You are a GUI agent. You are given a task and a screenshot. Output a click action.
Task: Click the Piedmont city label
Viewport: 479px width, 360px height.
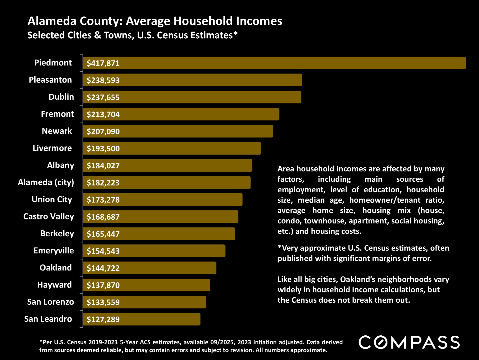53,63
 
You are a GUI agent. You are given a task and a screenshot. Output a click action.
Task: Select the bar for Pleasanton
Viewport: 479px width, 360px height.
192,80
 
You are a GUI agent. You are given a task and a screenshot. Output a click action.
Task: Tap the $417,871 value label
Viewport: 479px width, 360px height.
103,63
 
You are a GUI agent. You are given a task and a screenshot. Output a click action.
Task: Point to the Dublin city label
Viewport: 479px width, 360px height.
61,97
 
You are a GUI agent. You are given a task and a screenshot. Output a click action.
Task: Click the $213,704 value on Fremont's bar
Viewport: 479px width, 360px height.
103,114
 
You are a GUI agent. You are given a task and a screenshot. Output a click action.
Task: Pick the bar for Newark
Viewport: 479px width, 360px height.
178,131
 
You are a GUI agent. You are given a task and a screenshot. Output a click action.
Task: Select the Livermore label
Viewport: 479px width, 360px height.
52,148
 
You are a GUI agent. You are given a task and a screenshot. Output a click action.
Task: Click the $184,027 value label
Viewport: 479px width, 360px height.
103,166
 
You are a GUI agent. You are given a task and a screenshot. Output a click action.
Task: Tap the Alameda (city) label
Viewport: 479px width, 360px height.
46,182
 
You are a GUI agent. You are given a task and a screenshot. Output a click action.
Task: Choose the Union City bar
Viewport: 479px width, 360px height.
163,200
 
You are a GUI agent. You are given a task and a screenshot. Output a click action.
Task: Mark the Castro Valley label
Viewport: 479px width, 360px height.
49,216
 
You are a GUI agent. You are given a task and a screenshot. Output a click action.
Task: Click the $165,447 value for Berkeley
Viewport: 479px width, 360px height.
103,234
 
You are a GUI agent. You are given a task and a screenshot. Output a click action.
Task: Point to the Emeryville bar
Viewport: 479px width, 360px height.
154,251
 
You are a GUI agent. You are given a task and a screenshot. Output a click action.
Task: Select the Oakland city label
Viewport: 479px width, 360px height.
56,268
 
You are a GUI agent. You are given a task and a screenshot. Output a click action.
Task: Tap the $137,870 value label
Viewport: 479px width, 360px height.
103,285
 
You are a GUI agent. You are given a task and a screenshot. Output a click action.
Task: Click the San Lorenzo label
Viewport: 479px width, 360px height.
51,302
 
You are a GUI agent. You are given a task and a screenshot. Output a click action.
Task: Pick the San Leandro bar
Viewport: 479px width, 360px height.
142,319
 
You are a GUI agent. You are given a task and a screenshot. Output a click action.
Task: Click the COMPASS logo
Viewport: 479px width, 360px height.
409,343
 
